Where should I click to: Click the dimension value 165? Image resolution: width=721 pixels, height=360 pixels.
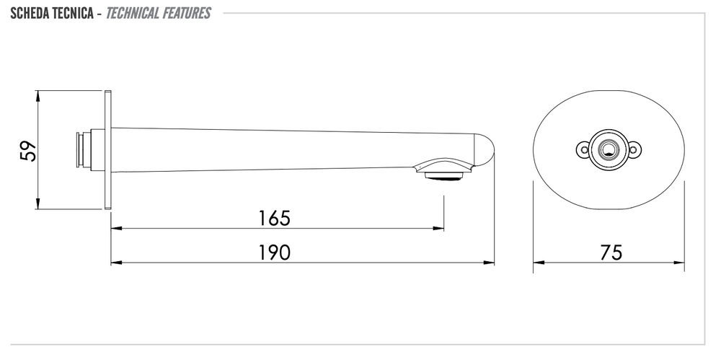point(275,218)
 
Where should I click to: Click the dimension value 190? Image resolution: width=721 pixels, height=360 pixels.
point(275,253)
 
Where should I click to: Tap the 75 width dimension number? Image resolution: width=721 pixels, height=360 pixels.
point(611,253)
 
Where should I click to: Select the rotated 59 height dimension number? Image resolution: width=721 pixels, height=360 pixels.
point(29,151)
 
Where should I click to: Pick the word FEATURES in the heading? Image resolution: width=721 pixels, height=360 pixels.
point(187,14)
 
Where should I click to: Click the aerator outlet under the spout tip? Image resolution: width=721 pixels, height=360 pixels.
point(443,176)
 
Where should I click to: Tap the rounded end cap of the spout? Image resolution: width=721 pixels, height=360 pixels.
point(485,150)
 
